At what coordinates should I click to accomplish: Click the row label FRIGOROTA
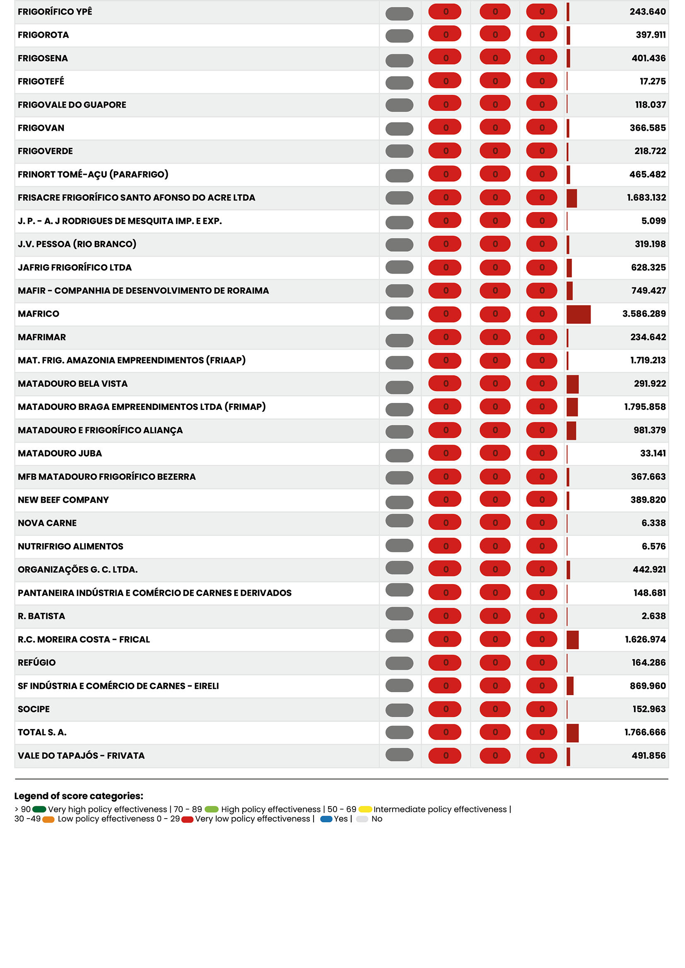pos(43,35)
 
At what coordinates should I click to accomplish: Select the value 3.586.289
pos(644,314)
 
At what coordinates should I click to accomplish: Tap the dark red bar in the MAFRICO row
pos(578,314)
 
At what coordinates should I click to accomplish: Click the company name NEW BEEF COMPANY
pos(63,500)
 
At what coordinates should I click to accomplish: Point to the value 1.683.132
pos(646,198)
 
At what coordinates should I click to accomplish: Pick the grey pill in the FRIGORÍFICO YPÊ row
pos(399,14)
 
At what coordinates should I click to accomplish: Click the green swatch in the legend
pos(39,809)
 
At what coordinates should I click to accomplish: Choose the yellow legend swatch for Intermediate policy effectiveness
pos(365,809)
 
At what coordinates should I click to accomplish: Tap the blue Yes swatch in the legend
pos(326,819)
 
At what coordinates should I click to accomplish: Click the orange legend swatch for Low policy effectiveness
pos(48,819)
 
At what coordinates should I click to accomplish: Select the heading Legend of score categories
pos(79,796)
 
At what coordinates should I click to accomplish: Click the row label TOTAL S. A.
pos(42,732)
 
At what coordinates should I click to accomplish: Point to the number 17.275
pos(653,82)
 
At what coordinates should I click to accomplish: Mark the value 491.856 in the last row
pos(648,756)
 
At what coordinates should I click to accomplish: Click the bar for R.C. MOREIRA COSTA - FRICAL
pos(572,640)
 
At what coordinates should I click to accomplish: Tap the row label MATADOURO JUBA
pos(60,453)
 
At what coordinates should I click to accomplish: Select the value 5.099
pos(654,221)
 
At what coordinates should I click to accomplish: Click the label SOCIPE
pos(34,709)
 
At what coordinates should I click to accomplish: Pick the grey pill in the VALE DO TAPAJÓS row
pos(399,754)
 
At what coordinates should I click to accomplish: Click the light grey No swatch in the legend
pos(362,819)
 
